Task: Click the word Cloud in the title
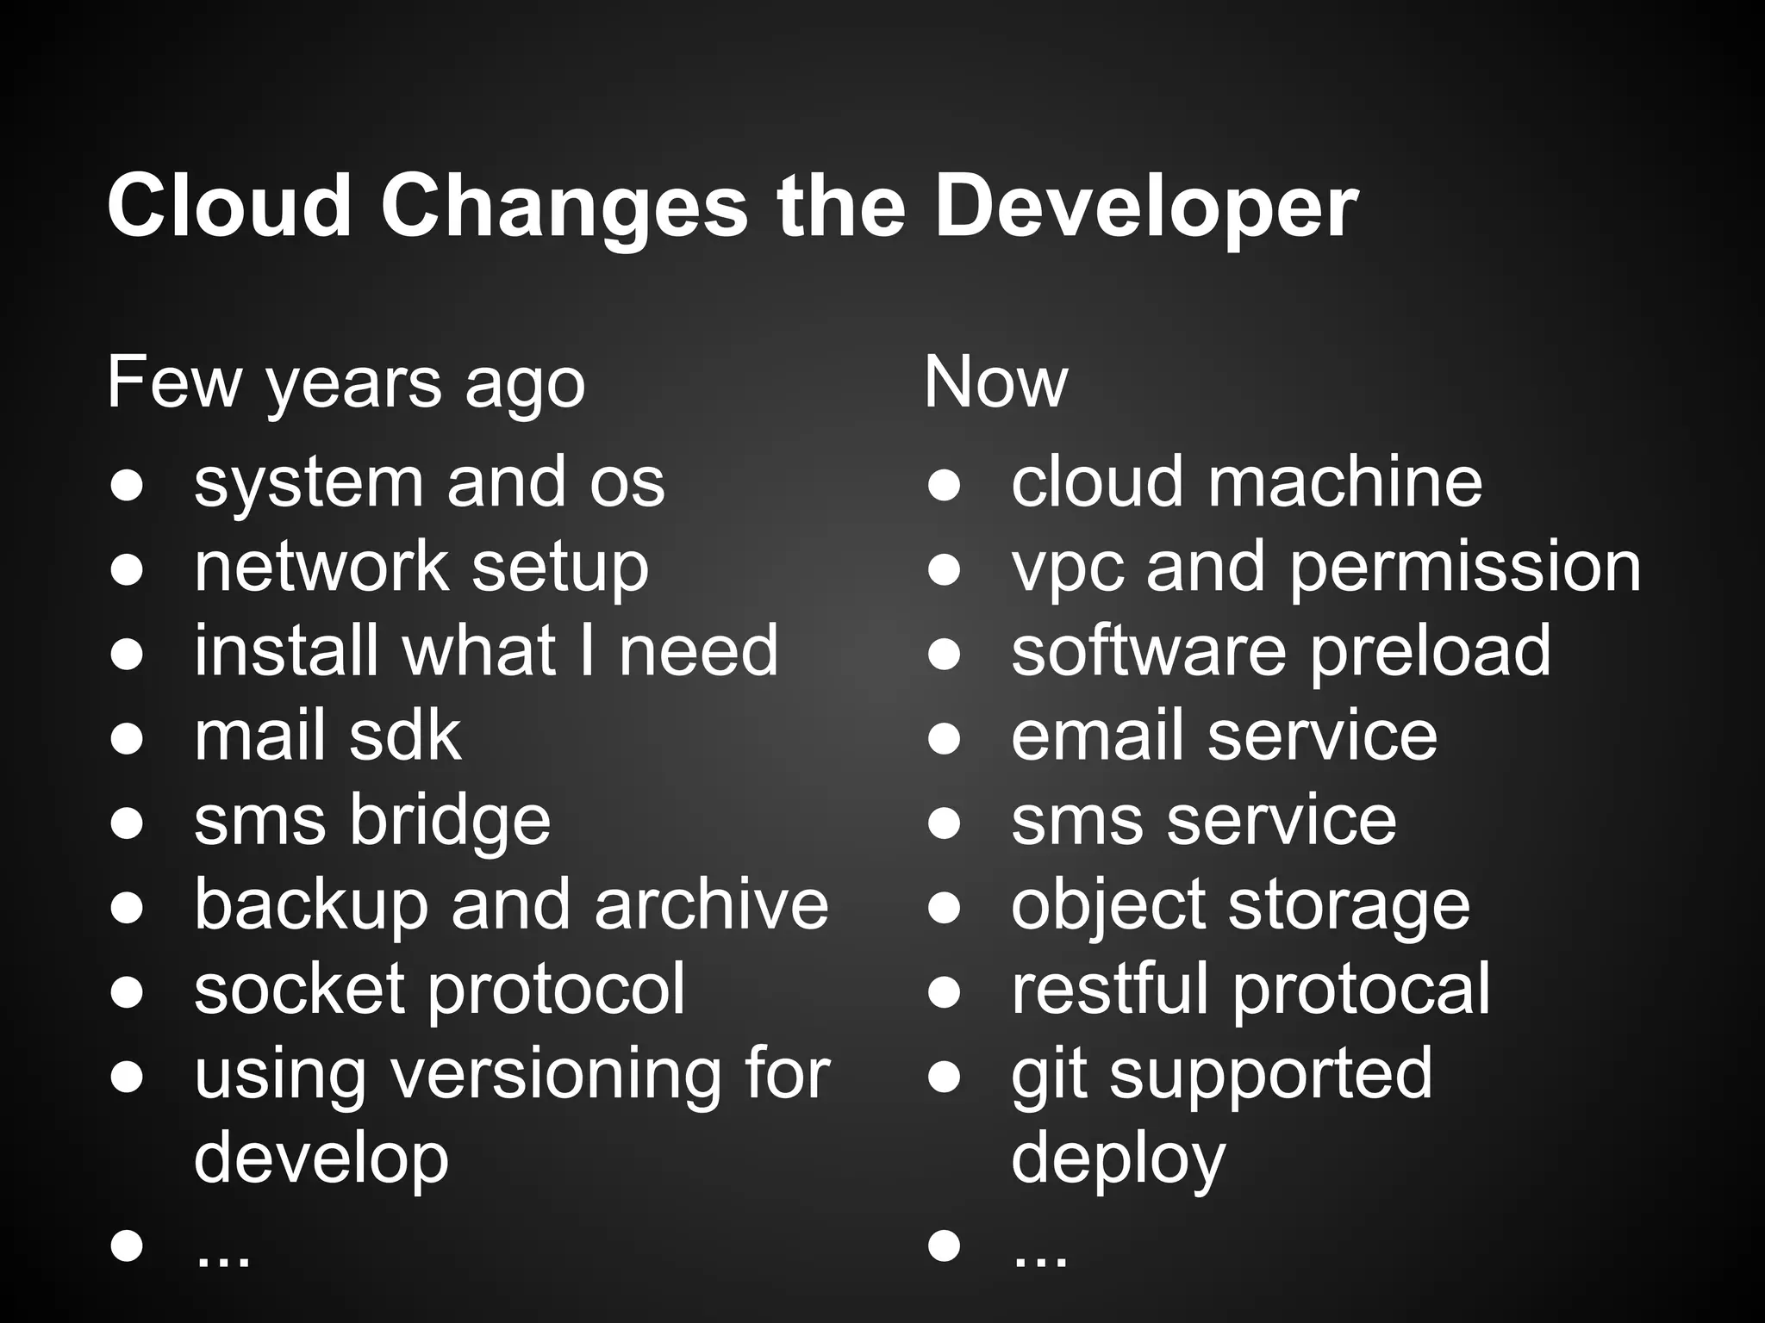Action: pyautogui.click(x=229, y=207)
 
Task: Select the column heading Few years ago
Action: pyautogui.click(x=346, y=384)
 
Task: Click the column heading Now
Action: pyautogui.click(x=995, y=382)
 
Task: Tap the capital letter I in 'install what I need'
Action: pyautogui.click(x=587, y=651)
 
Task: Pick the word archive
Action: pyautogui.click(x=711, y=905)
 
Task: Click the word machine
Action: pyautogui.click(x=1345, y=482)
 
